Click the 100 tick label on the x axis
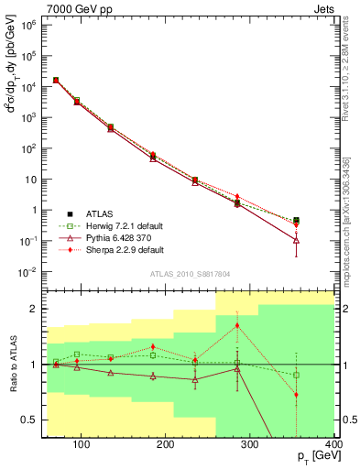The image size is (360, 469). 81,446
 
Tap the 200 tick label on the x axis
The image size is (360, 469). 165,446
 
